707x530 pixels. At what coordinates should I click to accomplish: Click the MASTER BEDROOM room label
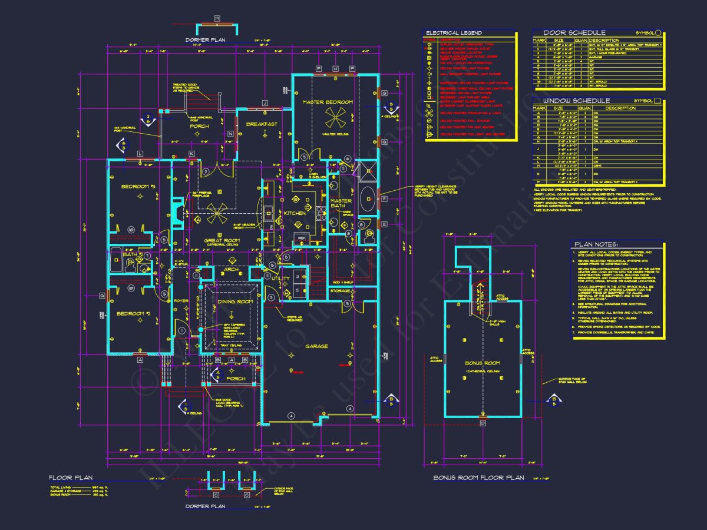click(328, 102)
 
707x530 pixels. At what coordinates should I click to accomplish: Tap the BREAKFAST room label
click(262, 124)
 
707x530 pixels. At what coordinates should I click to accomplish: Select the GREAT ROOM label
click(222, 240)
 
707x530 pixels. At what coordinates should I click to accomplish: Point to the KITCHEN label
click(295, 213)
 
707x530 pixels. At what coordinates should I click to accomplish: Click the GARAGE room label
click(316, 346)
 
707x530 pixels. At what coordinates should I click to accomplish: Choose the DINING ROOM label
click(236, 302)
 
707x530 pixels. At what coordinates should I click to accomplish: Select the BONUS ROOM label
click(482, 363)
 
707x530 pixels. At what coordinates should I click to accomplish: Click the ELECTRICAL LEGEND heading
click(454, 33)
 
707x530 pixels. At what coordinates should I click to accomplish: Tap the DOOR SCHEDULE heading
click(566, 32)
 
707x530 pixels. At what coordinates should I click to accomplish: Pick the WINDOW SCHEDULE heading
click(570, 101)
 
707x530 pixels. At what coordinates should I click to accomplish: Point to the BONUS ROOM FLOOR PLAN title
click(478, 478)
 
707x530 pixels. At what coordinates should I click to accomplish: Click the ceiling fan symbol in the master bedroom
click(335, 118)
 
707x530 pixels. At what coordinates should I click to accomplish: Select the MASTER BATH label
click(341, 204)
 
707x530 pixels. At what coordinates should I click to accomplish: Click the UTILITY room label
click(280, 278)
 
